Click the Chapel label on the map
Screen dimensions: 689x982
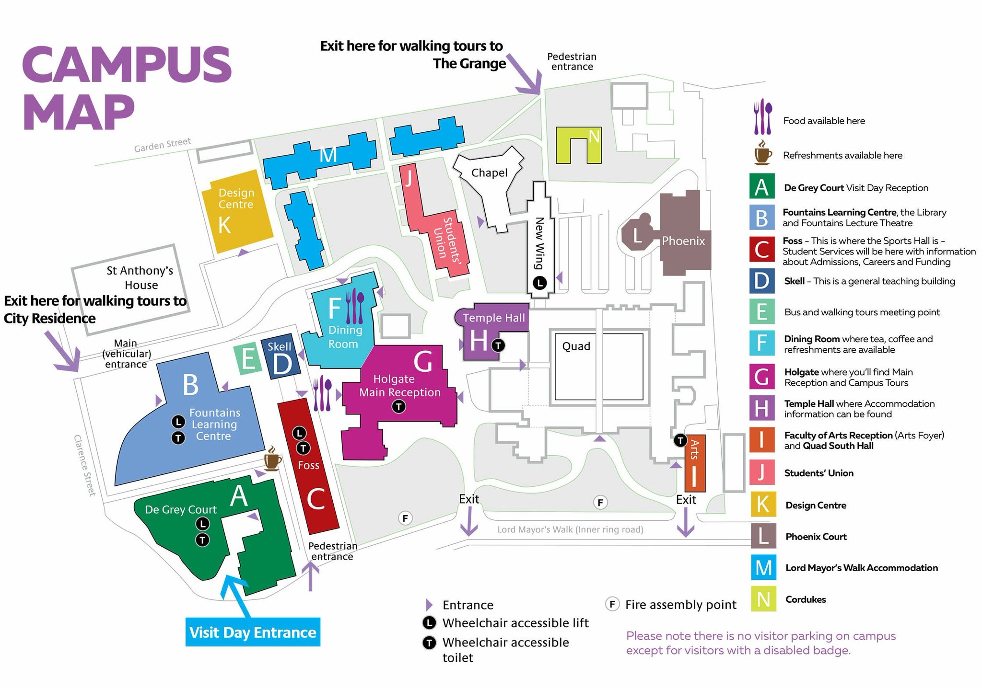[489, 173]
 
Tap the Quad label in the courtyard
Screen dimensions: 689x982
[576, 346]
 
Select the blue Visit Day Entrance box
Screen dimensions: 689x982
[253, 632]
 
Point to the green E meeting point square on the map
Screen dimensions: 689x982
[247, 359]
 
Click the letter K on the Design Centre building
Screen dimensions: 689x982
[224, 225]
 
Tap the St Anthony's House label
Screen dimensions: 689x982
[140, 278]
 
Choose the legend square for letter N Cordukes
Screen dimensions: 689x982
[763, 599]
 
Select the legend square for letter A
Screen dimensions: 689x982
[762, 187]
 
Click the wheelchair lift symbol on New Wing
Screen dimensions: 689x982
[540, 283]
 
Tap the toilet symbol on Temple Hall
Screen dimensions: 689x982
[499, 345]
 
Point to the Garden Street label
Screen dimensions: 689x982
[162, 145]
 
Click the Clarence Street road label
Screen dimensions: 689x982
[84, 465]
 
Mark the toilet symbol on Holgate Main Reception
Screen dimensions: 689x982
[398, 407]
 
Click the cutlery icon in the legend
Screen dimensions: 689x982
[762, 117]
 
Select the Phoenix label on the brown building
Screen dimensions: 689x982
[683, 241]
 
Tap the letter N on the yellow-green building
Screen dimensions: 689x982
[594, 137]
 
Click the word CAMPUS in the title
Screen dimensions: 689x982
[127, 64]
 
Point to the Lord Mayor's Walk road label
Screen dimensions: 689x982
[570, 529]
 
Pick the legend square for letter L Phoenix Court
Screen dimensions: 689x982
[763, 536]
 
